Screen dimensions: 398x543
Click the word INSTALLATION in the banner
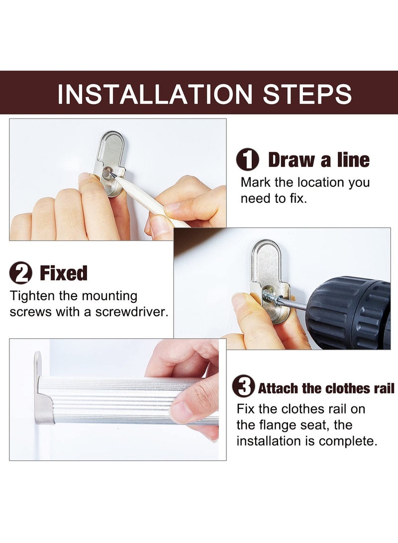(x=155, y=94)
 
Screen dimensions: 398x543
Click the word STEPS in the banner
(x=307, y=94)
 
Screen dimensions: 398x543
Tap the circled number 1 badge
(x=248, y=159)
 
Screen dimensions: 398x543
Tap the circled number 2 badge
(x=21, y=273)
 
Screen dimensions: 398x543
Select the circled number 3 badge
(x=244, y=386)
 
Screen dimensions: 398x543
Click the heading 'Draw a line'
(x=319, y=159)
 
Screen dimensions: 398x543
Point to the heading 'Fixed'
(x=64, y=273)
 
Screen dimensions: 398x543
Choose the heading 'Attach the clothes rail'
(x=326, y=388)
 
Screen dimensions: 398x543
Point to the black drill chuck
(x=349, y=313)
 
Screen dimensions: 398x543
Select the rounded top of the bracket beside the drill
(x=266, y=251)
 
